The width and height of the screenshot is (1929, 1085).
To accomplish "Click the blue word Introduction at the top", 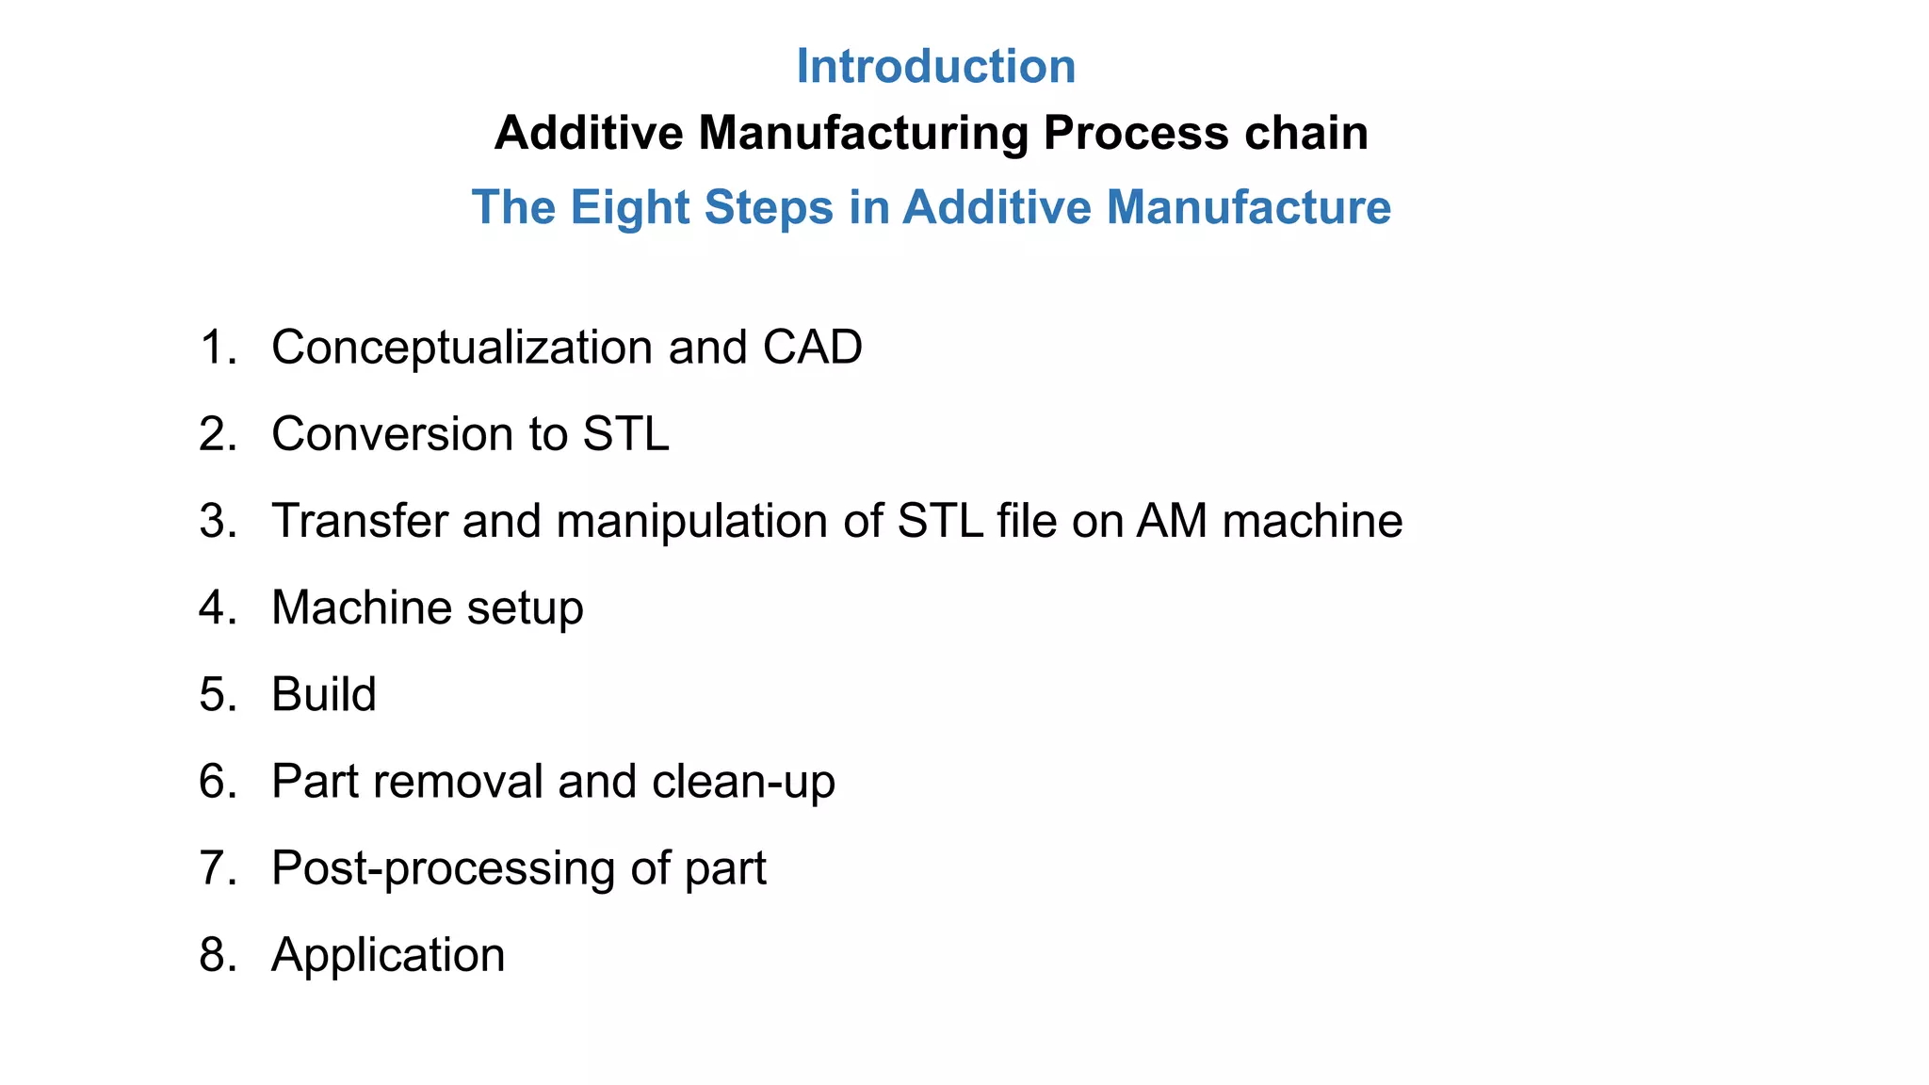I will pos(935,67).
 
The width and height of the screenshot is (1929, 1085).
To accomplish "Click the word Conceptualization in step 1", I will pos(462,348).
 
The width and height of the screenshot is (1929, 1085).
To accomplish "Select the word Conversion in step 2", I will pos(392,434).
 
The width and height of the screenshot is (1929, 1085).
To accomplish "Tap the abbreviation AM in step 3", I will pos(1171,521).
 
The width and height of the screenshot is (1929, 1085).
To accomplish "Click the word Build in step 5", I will pos(323,695).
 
